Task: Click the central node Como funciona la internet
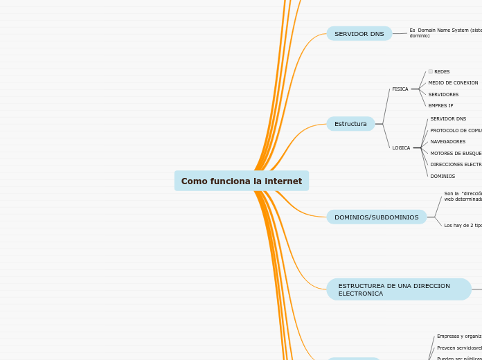(x=241, y=181)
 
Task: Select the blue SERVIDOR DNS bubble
(x=359, y=34)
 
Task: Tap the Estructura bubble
(x=350, y=124)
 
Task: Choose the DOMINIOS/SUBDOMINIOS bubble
(x=376, y=217)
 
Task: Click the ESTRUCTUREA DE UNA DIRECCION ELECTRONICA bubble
(x=398, y=289)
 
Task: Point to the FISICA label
(x=400, y=89)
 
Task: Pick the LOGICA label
(x=401, y=147)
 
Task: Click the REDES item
(x=442, y=72)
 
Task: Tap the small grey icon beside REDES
(x=431, y=71)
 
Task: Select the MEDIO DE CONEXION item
(x=453, y=83)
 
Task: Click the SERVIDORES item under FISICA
(x=443, y=95)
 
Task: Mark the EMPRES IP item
(x=440, y=106)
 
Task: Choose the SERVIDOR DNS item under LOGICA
(x=448, y=119)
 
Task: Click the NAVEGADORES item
(x=447, y=142)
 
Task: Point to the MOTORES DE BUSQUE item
(x=456, y=154)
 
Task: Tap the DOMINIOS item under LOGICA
(x=443, y=177)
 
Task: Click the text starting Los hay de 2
(x=463, y=226)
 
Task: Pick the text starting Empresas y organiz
(x=458, y=336)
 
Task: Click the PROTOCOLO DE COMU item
(x=456, y=131)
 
